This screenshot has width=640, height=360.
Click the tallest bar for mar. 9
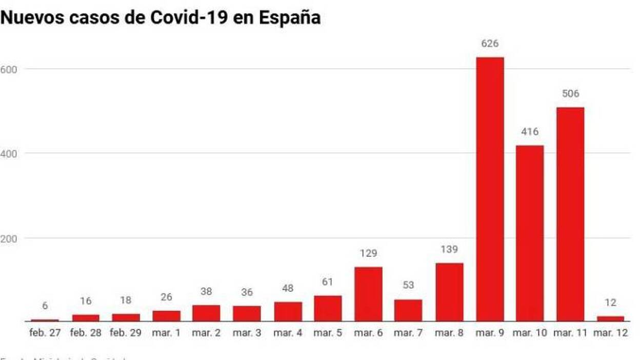tap(490, 190)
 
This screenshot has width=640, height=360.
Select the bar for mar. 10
tap(530, 233)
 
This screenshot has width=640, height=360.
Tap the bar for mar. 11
tap(570, 214)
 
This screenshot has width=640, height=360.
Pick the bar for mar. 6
tap(369, 294)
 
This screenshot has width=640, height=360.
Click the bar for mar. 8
tap(449, 292)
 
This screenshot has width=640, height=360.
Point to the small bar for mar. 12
tap(610, 318)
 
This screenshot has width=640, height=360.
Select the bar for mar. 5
tap(328, 308)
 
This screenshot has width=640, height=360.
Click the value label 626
tap(490, 44)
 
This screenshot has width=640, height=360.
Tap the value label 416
tap(530, 132)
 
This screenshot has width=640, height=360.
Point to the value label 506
tap(570, 94)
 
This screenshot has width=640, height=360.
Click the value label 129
tap(369, 253)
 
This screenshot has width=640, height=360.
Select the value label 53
tap(409, 286)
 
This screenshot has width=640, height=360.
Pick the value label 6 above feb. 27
tap(45, 306)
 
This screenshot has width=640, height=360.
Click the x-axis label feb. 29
tap(126, 333)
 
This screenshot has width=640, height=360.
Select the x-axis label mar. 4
tap(288, 333)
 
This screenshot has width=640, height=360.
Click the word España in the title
tap(290, 18)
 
